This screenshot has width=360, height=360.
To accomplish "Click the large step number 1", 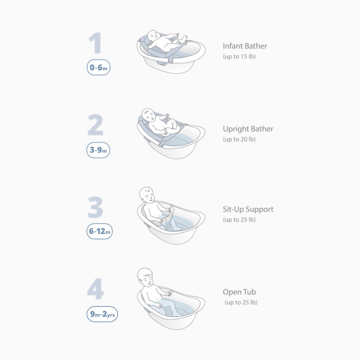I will click(x=96, y=43).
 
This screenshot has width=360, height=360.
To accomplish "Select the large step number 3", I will click(x=95, y=207).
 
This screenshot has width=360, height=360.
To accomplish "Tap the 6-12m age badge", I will click(x=99, y=232).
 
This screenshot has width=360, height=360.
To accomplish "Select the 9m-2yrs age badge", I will click(x=102, y=314).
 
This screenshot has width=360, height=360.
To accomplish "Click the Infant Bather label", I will click(x=244, y=45).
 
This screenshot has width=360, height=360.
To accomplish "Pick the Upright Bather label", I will click(x=248, y=129).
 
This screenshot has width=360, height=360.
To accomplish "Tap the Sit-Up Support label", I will click(x=248, y=209).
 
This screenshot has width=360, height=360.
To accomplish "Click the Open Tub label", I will click(x=239, y=292).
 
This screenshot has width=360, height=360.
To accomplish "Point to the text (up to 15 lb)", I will click(x=240, y=56).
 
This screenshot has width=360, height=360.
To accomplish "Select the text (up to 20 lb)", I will click(x=240, y=139).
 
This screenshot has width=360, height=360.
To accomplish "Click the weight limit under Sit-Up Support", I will click(x=240, y=220).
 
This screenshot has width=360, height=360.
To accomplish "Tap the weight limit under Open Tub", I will click(x=241, y=303).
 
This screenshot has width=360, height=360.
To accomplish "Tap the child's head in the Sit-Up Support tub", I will click(x=147, y=195).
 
